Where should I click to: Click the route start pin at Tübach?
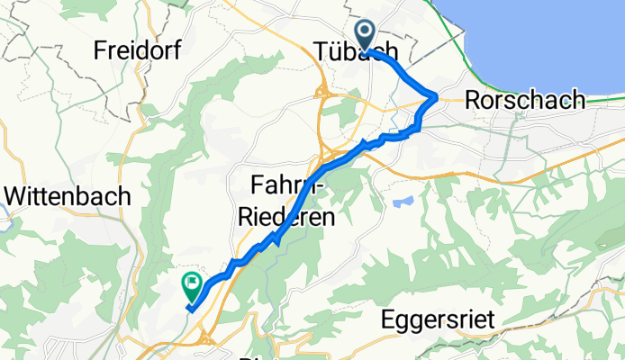pyautogui.click(x=366, y=35)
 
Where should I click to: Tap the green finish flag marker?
pyautogui.click(x=192, y=286)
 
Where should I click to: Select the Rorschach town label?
pyautogui.click(x=524, y=101)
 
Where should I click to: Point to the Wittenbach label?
pyautogui.click(x=68, y=196)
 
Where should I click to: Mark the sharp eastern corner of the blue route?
pyautogui.click(x=436, y=96)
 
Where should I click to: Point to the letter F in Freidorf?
pyautogui.click(x=101, y=51)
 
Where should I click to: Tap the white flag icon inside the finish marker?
pyautogui.click(x=192, y=283)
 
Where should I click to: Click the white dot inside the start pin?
pyautogui.click(x=366, y=32)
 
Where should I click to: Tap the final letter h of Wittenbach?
pyautogui.click(x=124, y=196)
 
